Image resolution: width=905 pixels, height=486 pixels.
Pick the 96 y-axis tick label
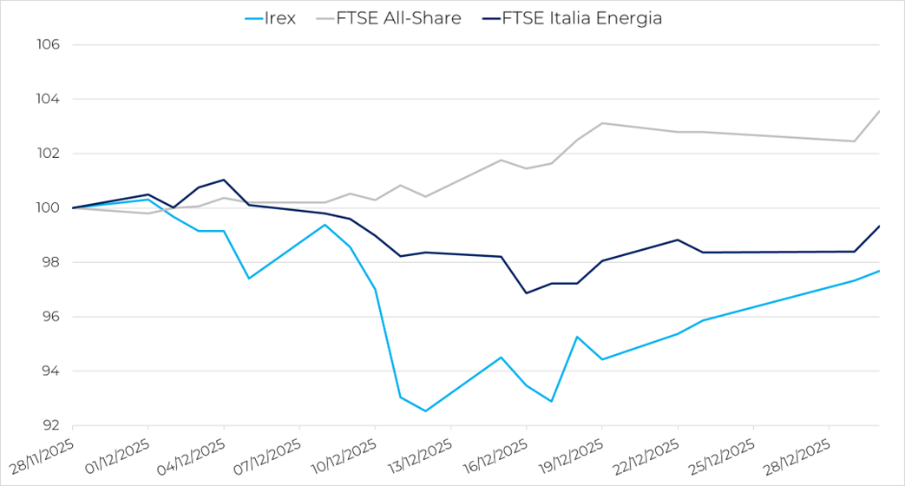[48, 317]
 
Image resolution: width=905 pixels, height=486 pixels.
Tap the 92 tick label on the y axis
[48, 426]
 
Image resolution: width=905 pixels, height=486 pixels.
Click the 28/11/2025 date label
[42, 455]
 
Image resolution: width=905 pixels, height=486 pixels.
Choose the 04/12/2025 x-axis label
[193, 455]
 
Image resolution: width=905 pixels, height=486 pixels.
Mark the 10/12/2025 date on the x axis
[344, 455]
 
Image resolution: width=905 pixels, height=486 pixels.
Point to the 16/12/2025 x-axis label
[495, 455]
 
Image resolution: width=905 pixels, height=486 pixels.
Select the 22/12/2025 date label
[646, 455]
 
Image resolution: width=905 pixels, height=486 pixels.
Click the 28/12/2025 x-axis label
[797, 455]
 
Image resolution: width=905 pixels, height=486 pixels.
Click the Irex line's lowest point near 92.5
[425, 411]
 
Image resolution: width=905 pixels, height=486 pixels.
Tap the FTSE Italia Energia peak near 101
[224, 180]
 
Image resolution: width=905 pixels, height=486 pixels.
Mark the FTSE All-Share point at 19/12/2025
[602, 123]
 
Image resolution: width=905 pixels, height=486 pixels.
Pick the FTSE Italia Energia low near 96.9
[527, 293]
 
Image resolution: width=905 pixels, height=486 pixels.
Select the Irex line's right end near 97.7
[879, 271]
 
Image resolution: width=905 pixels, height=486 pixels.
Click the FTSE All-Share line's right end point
[879, 111]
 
